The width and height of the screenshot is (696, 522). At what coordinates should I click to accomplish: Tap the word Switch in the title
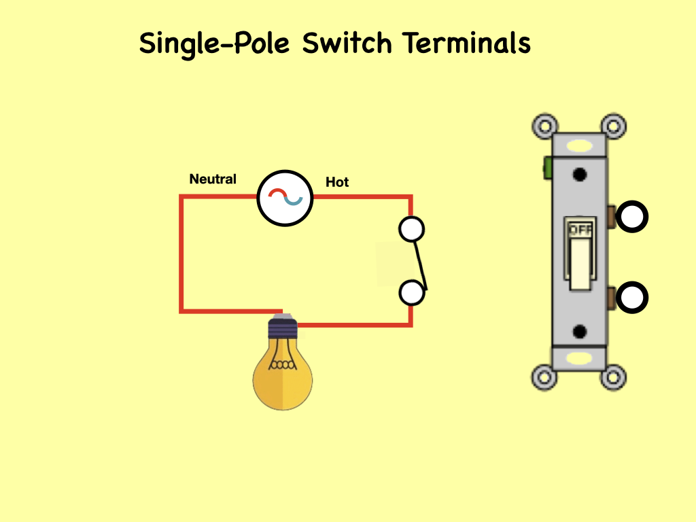pyautogui.click(x=347, y=44)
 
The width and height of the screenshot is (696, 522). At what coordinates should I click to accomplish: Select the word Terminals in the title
pyautogui.click(x=466, y=44)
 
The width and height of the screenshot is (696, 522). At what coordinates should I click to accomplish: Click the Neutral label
pyautogui.click(x=213, y=179)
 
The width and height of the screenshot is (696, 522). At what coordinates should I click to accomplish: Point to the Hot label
pyautogui.click(x=337, y=182)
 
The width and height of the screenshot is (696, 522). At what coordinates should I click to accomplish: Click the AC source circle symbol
pyautogui.click(x=285, y=198)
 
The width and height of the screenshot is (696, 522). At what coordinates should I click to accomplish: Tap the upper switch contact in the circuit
pyautogui.click(x=411, y=230)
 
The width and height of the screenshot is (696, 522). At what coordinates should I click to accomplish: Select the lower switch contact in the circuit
pyautogui.click(x=411, y=293)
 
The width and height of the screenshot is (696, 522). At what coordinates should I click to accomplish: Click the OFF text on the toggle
pyautogui.click(x=580, y=230)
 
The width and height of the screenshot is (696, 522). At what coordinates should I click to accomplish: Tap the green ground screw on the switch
pyautogui.click(x=546, y=167)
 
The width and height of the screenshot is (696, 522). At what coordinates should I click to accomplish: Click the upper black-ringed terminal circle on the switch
pyautogui.click(x=633, y=217)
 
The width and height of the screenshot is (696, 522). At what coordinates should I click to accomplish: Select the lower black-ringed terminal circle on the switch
pyautogui.click(x=633, y=298)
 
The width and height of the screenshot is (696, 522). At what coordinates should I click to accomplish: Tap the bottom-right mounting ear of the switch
pyautogui.click(x=614, y=377)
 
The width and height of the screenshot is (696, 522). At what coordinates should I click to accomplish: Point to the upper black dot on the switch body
pyautogui.click(x=580, y=175)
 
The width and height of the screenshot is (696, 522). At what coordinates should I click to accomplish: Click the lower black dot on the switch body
pyautogui.click(x=580, y=332)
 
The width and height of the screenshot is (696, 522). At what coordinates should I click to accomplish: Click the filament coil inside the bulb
pyautogui.click(x=283, y=365)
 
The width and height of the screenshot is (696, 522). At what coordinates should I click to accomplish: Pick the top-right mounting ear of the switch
pyautogui.click(x=614, y=126)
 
